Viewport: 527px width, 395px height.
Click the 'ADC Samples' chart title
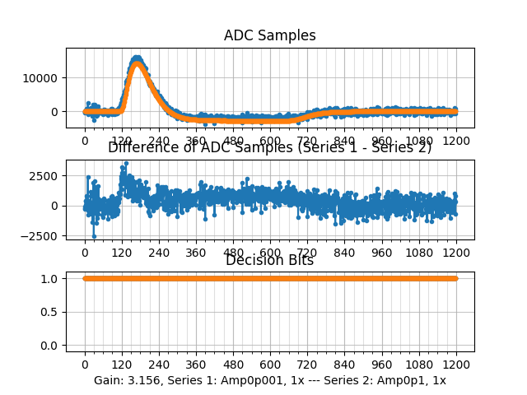(270, 36)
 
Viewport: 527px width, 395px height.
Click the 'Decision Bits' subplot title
(270, 261)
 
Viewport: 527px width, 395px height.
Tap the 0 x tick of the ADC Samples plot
(84, 141)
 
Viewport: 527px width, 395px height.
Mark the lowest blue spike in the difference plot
(94, 236)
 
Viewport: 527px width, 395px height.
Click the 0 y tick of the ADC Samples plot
(57, 112)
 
